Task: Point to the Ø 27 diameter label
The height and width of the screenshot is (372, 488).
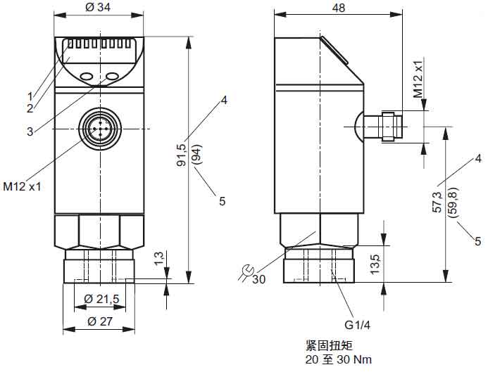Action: [99, 321]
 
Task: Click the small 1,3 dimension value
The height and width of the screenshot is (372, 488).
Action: [158, 258]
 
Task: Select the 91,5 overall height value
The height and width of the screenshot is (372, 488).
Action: [182, 155]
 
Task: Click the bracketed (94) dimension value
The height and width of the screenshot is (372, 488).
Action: [196, 155]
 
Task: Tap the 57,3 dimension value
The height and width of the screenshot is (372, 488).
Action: [437, 202]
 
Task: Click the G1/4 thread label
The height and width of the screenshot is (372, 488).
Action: [358, 326]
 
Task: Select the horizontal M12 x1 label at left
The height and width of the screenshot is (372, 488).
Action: [23, 187]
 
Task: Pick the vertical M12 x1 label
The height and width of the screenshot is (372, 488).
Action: [418, 78]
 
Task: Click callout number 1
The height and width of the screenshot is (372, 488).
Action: [30, 96]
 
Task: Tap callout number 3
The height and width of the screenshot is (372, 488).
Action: [30, 131]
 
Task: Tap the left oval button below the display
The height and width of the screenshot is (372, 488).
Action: [86, 75]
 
